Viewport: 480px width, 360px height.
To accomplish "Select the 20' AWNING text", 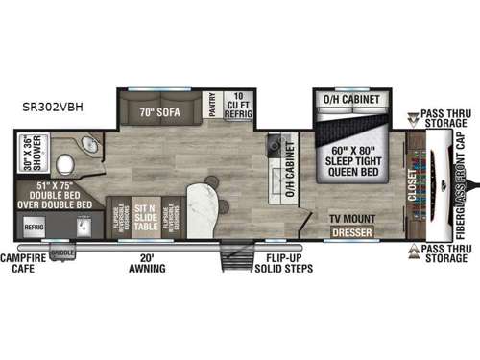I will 145,262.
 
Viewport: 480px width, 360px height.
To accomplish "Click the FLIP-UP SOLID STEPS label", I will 278,262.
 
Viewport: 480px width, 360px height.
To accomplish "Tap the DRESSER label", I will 350,231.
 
